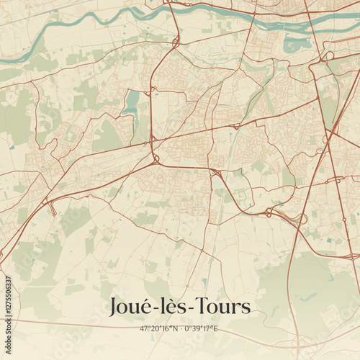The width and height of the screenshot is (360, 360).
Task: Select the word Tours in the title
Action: (223, 307)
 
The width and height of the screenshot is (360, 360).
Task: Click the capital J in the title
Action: (114, 307)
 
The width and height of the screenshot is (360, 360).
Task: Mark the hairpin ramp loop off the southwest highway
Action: (53, 209)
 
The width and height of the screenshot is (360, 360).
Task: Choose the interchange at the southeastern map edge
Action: (352, 256)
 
